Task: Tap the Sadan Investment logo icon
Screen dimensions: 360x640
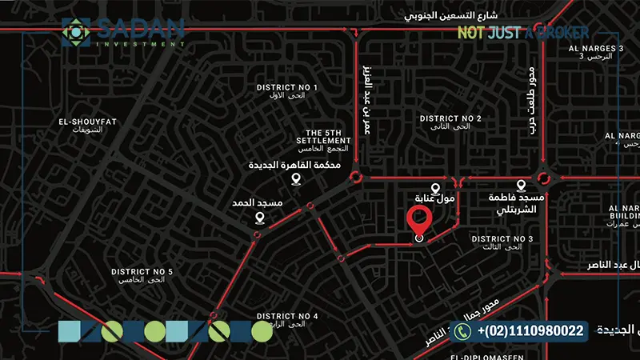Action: tap(76, 32)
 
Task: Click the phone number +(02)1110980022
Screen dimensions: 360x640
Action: tap(530, 330)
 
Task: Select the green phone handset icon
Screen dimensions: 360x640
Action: tap(462, 330)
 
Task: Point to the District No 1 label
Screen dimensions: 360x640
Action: tap(286, 91)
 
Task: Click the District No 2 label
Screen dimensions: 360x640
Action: tap(450, 123)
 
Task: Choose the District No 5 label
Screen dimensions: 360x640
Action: tap(142, 276)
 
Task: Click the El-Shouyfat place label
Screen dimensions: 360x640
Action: tap(88, 126)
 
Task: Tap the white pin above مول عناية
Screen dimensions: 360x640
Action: tap(436, 185)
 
